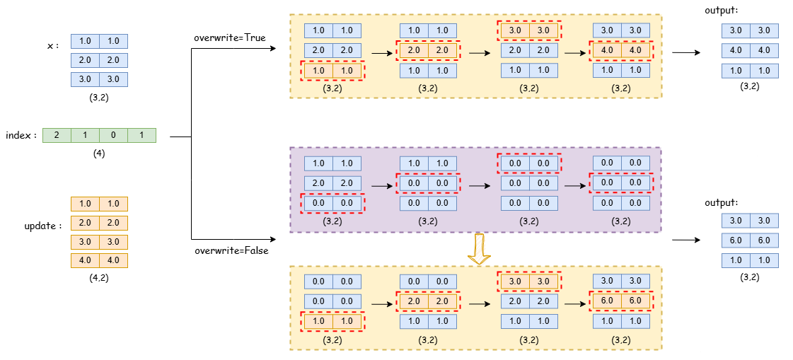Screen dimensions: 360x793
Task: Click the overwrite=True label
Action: coord(230,37)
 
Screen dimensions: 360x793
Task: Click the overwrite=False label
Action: coord(232,250)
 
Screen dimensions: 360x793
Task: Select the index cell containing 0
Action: coord(113,135)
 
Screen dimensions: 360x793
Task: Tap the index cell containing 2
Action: coord(57,135)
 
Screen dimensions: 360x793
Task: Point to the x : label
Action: coord(52,46)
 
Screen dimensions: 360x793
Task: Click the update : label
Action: coord(42,226)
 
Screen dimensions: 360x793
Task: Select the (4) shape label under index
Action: coord(99,153)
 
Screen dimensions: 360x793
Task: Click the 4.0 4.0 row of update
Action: coord(99,260)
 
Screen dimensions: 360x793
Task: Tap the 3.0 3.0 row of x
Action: coord(99,79)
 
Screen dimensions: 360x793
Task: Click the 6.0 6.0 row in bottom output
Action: coord(750,240)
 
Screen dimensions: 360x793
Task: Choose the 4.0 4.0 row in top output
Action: coord(750,51)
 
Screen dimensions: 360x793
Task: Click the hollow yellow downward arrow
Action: coord(480,249)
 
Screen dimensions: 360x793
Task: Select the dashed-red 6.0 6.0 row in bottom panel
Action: coord(621,301)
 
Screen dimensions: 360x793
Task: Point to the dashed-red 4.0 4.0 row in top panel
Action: coord(621,51)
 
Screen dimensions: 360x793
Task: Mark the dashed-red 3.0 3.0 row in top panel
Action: coord(529,31)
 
